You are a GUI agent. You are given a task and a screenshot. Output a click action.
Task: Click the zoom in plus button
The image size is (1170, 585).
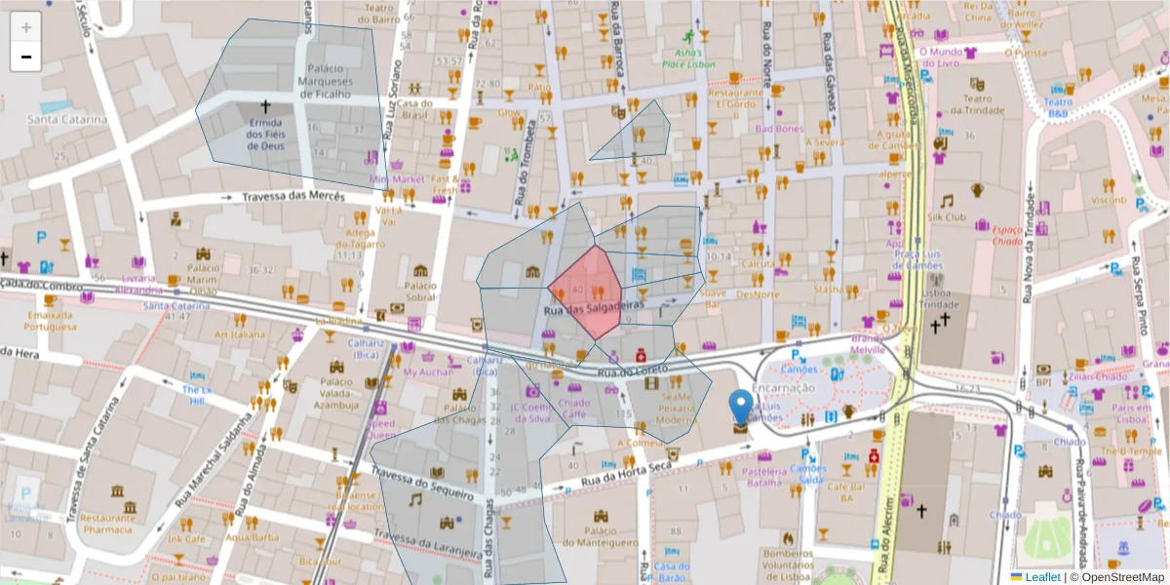(25, 27)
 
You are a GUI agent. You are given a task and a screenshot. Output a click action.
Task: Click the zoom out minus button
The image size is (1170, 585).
(25, 57)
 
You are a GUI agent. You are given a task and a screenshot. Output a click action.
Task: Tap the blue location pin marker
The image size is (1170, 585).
(741, 408)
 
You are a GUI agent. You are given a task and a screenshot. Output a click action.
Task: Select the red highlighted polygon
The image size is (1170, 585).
(587, 289)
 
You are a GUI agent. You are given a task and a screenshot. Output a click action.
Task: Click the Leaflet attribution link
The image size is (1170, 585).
(1042, 577)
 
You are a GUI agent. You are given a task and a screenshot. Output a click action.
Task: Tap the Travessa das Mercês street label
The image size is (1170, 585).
(293, 197)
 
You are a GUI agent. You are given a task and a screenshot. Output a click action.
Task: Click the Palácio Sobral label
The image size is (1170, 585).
(420, 291)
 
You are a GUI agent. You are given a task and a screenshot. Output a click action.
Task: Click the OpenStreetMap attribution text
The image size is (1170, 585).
(1120, 577)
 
